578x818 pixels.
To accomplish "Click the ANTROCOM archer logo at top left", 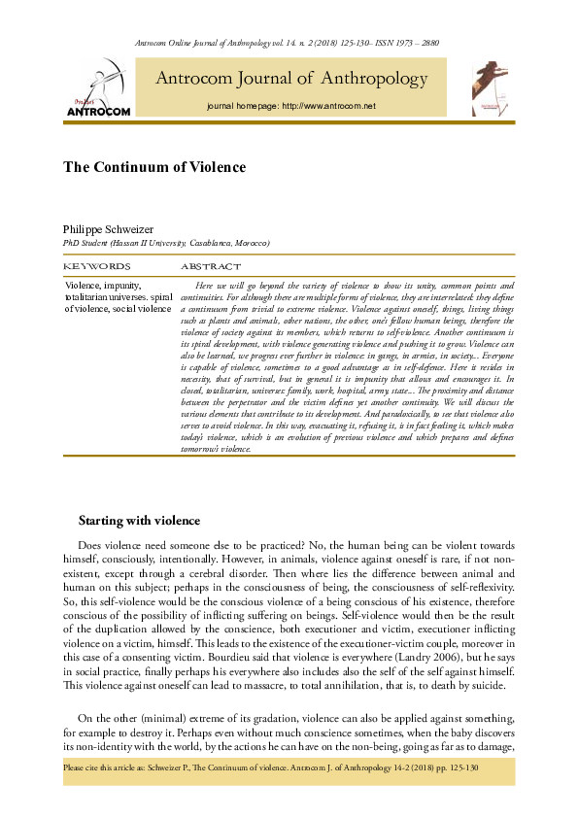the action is [97, 87].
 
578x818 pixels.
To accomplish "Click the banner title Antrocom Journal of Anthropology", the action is [291, 79].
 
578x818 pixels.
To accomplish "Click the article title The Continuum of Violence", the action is [154, 167].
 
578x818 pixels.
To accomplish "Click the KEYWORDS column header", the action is [96, 265].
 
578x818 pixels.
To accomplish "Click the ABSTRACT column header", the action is [211, 265].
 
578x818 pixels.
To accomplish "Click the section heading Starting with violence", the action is [139, 522].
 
